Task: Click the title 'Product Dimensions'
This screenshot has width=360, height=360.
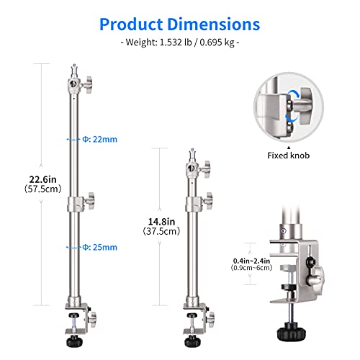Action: point(179,24)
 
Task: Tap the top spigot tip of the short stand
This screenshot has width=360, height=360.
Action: point(194,153)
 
